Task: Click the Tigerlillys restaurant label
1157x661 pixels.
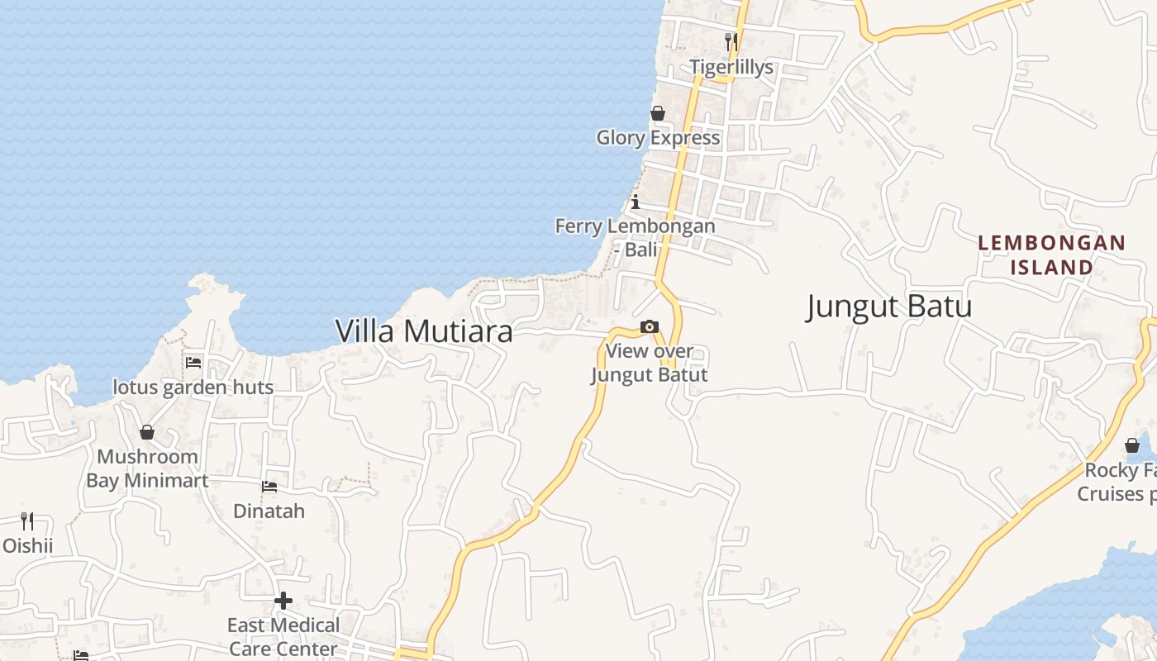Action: click(731, 67)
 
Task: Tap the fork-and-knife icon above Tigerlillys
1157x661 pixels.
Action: click(731, 41)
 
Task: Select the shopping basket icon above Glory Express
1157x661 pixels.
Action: click(658, 113)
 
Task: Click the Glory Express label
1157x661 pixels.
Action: click(658, 137)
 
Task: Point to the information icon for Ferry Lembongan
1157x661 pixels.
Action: click(635, 202)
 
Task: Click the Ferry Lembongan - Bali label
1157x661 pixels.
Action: click(635, 237)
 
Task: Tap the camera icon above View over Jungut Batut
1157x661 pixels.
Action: click(650, 327)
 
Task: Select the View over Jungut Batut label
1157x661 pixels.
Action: click(649, 363)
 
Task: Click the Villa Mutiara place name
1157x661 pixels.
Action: click(424, 331)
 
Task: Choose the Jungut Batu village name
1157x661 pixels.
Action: click(889, 307)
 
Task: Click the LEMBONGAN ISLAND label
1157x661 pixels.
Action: click(1051, 254)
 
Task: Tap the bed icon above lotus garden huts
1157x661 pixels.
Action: click(193, 362)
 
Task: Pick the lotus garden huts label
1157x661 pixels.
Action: click(193, 387)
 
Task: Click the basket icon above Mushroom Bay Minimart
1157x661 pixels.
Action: click(147, 432)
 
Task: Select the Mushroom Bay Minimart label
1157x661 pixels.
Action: click(147, 468)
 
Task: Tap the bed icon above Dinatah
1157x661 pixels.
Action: click(269, 487)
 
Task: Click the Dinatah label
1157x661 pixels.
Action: click(269, 511)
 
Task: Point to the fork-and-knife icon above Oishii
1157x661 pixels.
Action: click(27, 521)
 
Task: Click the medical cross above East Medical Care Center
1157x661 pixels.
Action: click(283, 601)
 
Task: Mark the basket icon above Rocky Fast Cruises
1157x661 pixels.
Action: click(1132, 446)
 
